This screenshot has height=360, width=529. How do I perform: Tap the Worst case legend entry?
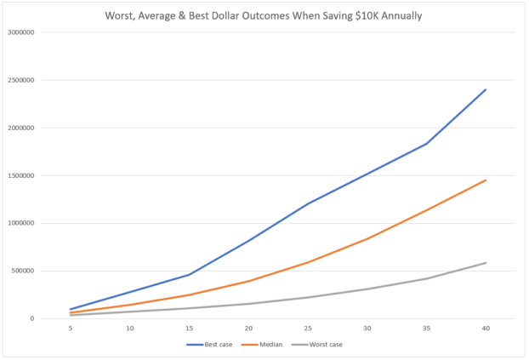321,345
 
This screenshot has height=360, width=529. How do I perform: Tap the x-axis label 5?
71,329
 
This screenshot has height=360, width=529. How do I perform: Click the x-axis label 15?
189,329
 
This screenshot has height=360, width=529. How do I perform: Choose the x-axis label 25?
308,329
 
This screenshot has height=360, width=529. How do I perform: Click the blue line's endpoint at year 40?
486,89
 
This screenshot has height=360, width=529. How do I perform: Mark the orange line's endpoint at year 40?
486,180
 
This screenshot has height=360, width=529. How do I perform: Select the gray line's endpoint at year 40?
486,263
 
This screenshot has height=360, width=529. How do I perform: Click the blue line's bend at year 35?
426,144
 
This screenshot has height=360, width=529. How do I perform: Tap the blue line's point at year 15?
189,274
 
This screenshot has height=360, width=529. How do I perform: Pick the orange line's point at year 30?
367,238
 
